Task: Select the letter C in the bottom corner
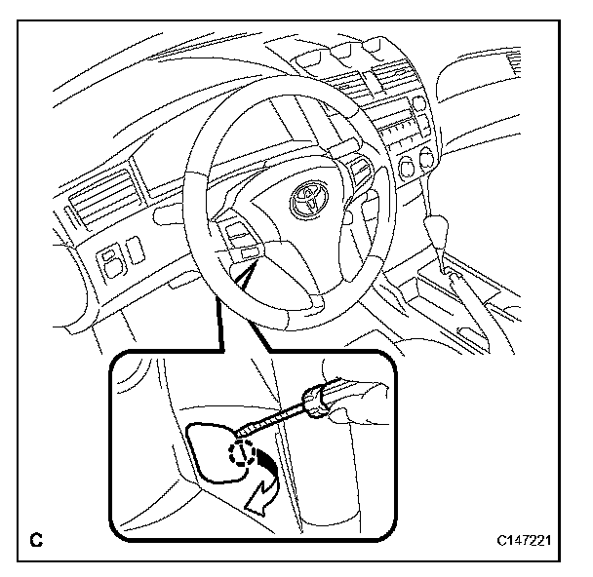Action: [x=37, y=537]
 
